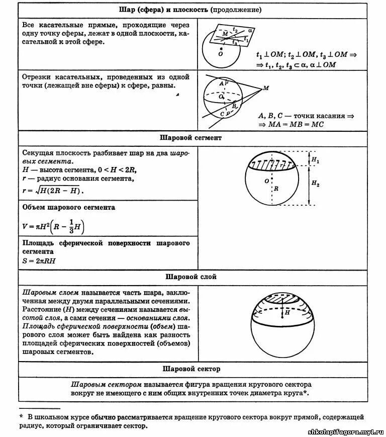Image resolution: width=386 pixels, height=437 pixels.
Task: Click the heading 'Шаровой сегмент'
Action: tap(190, 137)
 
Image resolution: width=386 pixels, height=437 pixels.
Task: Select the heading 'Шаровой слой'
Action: tap(191, 277)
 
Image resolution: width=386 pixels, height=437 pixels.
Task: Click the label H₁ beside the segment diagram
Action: tap(315, 160)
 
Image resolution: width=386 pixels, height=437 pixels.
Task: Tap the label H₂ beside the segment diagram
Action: tap(315, 184)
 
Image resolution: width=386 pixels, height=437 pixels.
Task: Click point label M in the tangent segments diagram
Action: tap(266, 89)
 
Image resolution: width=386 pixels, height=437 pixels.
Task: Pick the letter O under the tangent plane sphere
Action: tap(220, 53)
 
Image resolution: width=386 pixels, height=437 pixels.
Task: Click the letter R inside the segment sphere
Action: tap(276, 190)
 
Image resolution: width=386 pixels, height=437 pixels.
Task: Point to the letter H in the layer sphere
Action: tap(287, 313)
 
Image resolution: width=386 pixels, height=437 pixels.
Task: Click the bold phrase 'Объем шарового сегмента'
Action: tap(69, 207)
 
